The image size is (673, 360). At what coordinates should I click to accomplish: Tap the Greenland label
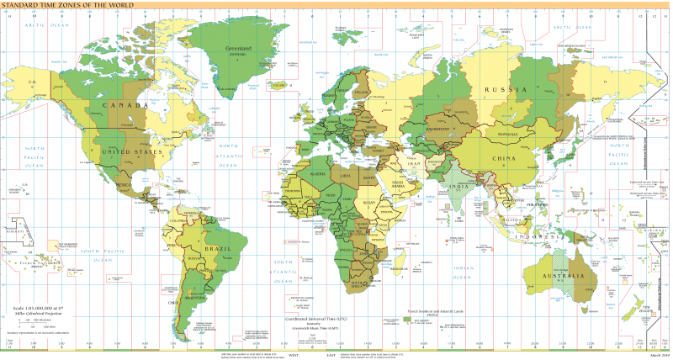tap(239, 49)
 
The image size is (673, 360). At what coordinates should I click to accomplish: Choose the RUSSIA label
tap(510, 88)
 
